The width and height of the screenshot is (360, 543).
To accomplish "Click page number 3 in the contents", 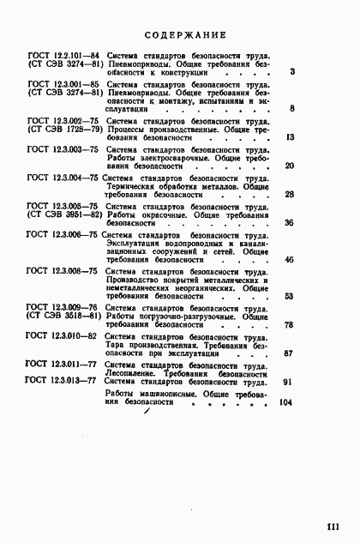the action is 292,73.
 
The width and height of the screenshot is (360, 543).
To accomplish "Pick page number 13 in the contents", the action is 290,138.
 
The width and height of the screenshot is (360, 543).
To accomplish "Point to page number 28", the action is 289,195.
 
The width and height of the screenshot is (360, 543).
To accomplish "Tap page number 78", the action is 289,325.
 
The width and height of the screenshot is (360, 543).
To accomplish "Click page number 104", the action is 286,402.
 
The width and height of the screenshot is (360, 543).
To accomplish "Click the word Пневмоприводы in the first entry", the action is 139,64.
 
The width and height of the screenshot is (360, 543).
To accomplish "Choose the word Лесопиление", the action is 132,373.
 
